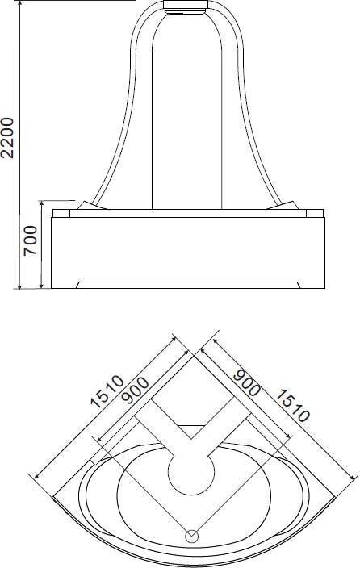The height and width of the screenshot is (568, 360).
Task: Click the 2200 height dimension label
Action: click(7, 138)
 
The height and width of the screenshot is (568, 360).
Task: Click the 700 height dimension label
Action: click(31, 240)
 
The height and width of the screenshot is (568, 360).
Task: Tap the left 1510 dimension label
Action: click(107, 391)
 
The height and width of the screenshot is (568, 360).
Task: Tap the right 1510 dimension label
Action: click(292, 405)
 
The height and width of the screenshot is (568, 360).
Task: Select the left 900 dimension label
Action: click(135, 390)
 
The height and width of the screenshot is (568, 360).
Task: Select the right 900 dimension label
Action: click(246, 382)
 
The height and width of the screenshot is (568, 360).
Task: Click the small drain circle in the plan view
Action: click(192, 536)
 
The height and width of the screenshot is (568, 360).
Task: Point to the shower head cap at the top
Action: click(186, 6)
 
